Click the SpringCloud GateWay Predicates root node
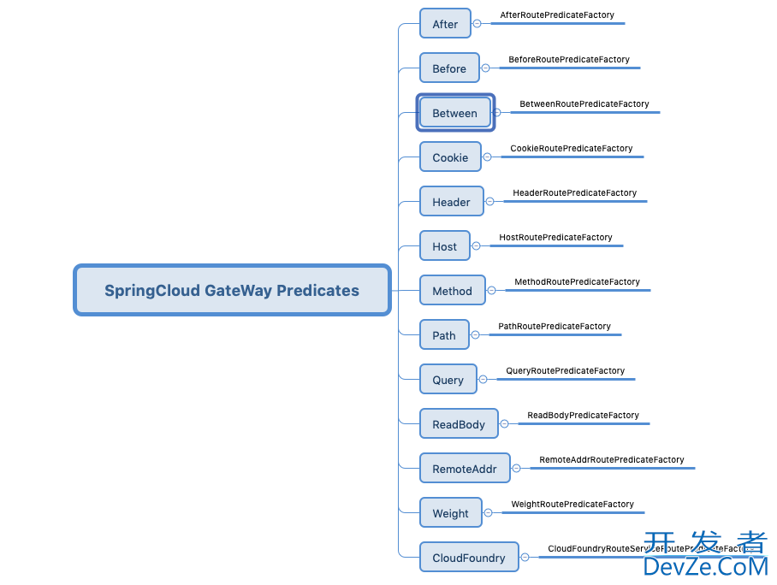coord(232,290)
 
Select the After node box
coord(445,24)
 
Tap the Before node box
coord(449,68)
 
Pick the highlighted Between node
coord(455,113)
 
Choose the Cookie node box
coord(450,157)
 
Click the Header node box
coord(451,202)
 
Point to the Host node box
coord(444,246)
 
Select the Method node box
coord(452,291)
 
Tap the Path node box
coord(444,335)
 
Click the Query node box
coord(448,380)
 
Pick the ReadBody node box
coord(459,424)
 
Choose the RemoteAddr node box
coord(465,469)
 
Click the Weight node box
coord(450,513)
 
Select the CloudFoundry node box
coord(469,558)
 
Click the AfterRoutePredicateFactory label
coord(557,15)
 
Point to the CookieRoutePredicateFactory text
coord(572,149)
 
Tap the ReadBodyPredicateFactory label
coord(583,416)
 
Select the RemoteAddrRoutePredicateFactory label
coord(612,460)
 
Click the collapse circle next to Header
coord(490,202)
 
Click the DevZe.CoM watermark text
coord(705,565)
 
